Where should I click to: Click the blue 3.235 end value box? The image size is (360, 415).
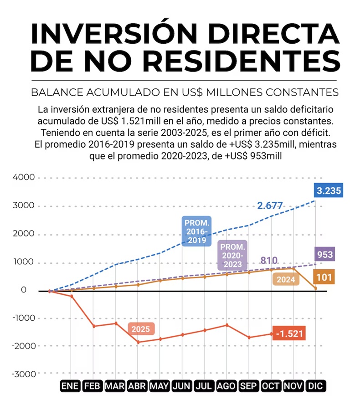329,190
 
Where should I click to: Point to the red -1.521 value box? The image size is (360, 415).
288,333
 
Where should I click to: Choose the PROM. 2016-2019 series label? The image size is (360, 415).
196,231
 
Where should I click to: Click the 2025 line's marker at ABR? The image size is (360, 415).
138,342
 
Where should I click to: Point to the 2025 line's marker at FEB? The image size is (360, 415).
94,326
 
